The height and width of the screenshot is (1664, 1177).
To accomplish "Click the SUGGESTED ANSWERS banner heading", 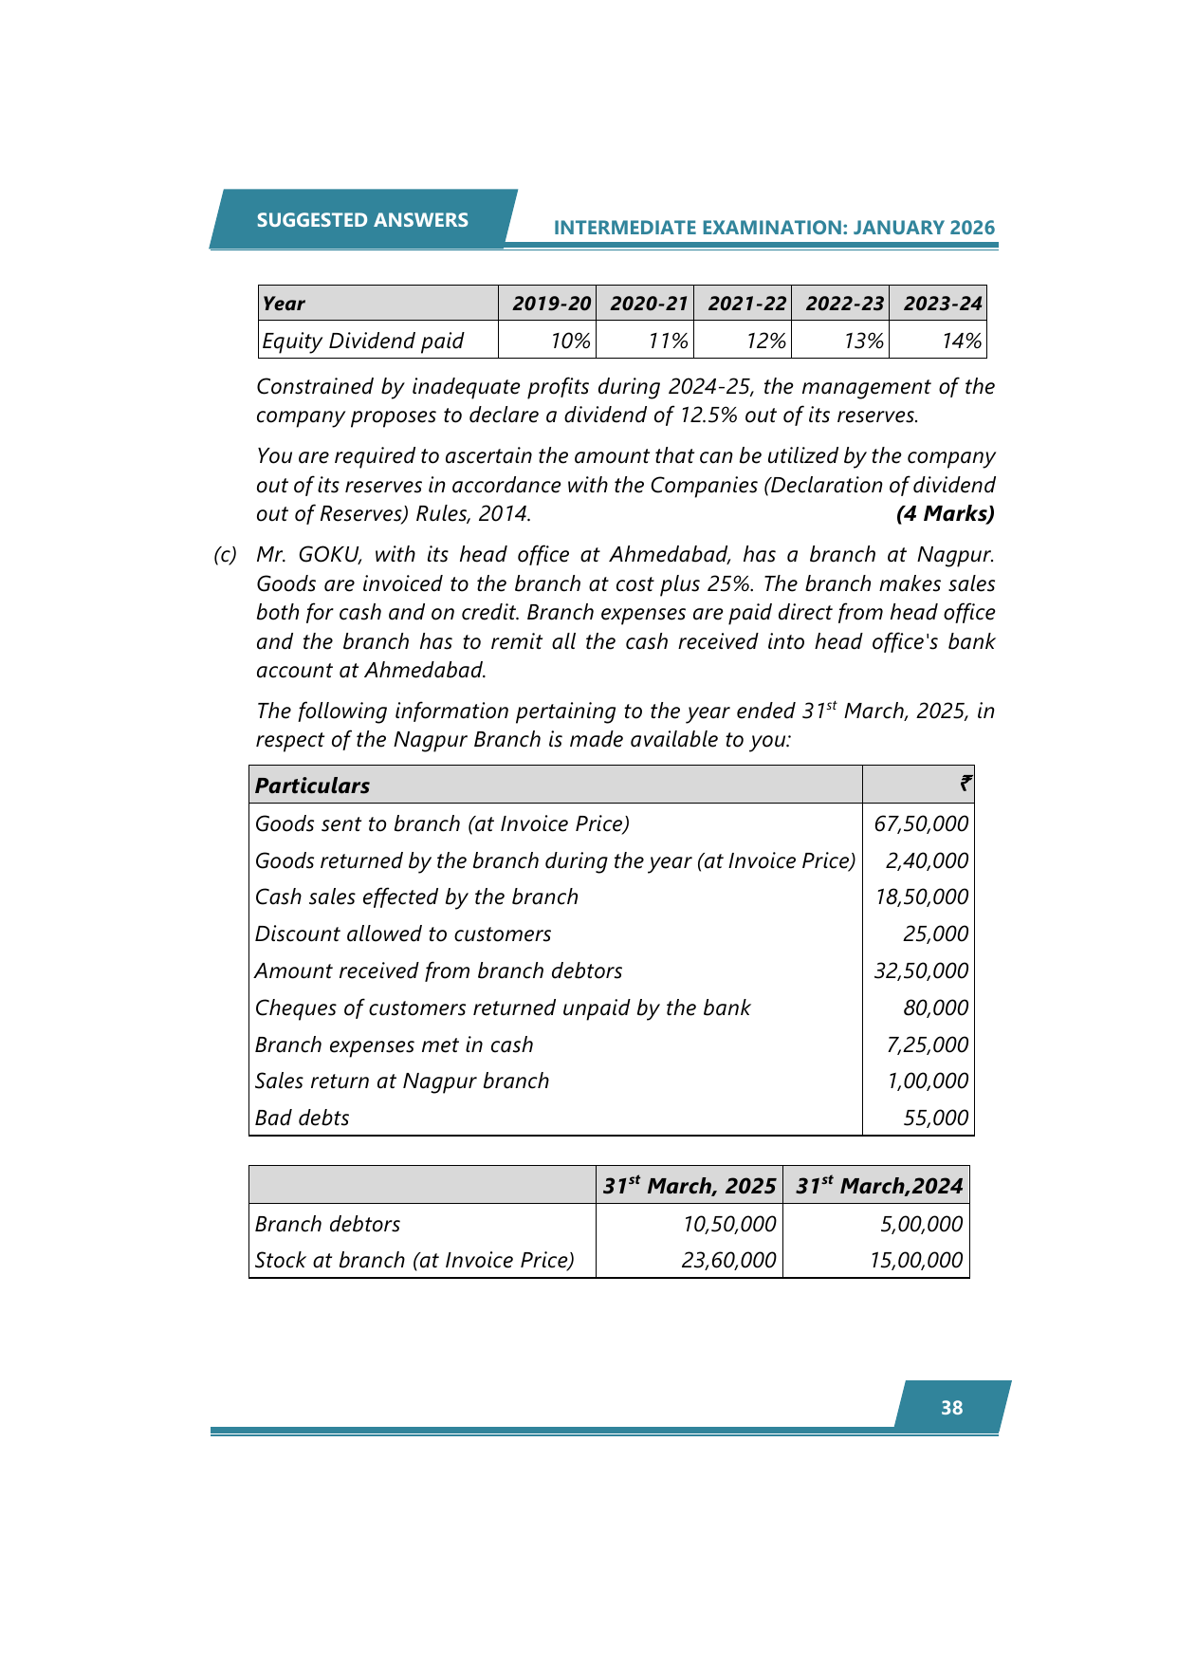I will tap(362, 220).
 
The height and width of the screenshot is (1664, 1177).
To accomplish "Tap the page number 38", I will tap(951, 1408).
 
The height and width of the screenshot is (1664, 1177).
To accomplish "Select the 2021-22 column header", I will tap(746, 304).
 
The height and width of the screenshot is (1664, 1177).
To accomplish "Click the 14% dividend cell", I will tap(961, 341).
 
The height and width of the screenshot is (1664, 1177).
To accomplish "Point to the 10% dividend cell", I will tap(571, 341).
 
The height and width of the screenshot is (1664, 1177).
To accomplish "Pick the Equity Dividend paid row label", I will tap(363, 341).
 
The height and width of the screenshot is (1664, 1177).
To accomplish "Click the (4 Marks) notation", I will tap(945, 514).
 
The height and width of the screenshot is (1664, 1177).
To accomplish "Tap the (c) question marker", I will tap(225, 555).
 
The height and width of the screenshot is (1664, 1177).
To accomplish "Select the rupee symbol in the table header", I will tap(965, 785).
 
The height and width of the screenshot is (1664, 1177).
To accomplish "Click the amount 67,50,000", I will tap(921, 823).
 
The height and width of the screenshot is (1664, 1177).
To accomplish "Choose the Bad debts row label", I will tap(303, 1118).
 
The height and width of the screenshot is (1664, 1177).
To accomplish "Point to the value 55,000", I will tap(936, 1118).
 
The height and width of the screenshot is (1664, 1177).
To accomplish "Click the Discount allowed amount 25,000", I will tap(936, 934).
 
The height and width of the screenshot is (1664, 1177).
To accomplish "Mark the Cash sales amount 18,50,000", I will tap(921, 897).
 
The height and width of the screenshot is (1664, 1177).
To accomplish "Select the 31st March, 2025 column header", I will tap(690, 1186).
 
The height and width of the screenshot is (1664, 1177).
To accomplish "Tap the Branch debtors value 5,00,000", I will tap(921, 1224).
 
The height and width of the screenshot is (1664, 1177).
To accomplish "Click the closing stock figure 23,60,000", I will tap(729, 1260).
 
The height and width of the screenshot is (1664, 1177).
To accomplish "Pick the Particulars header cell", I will tap(313, 786).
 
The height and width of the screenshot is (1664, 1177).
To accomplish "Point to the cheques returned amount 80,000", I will tap(936, 1008).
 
